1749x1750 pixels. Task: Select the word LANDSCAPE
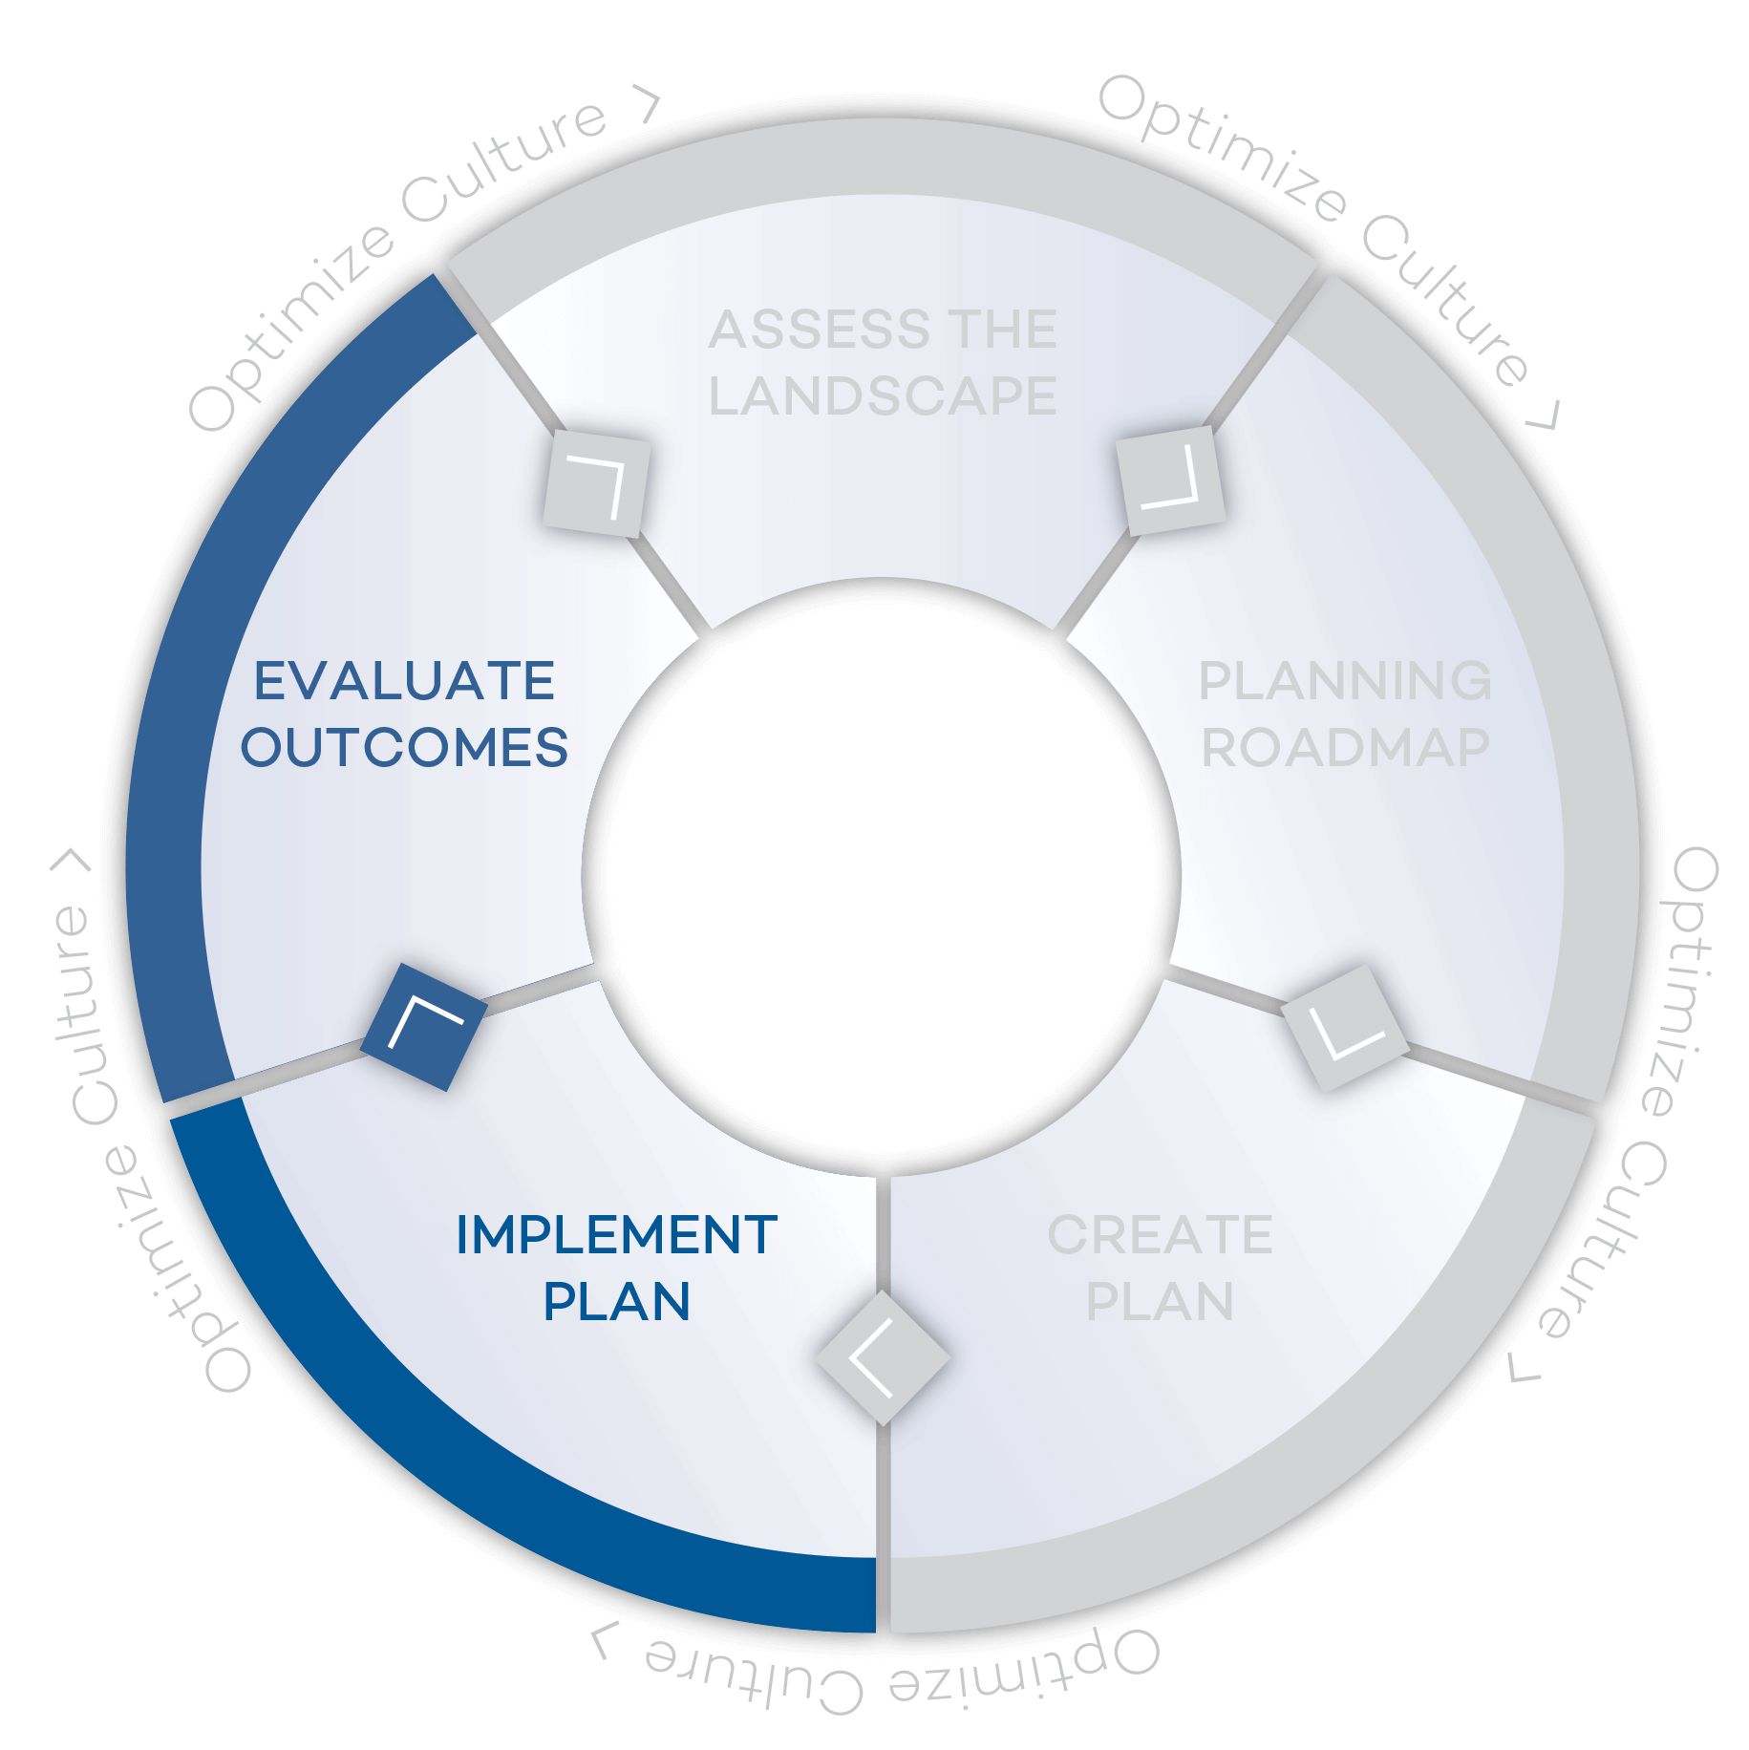(x=883, y=396)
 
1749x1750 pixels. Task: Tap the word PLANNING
(x=1345, y=682)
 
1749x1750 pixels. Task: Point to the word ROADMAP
(x=1345, y=748)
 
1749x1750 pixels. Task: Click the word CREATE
(x=1160, y=1235)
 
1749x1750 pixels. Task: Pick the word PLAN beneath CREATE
(x=1160, y=1302)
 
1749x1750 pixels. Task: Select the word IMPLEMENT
(x=616, y=1235)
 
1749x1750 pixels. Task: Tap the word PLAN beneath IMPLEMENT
(x=616, y=1302)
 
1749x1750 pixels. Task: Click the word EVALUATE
(x=404, y=682)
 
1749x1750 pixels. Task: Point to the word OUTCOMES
(x=404, y=748)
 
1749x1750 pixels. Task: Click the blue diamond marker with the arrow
(x=424, y=1027)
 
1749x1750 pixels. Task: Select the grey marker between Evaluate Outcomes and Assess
(x=596, y=482)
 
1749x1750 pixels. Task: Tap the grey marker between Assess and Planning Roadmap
(x=1170, y=480)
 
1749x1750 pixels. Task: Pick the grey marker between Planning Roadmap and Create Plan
(x=1344, y=1028)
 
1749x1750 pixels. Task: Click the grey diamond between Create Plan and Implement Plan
(x=883, y=1357)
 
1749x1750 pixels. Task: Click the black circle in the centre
(x=881, y=876)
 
